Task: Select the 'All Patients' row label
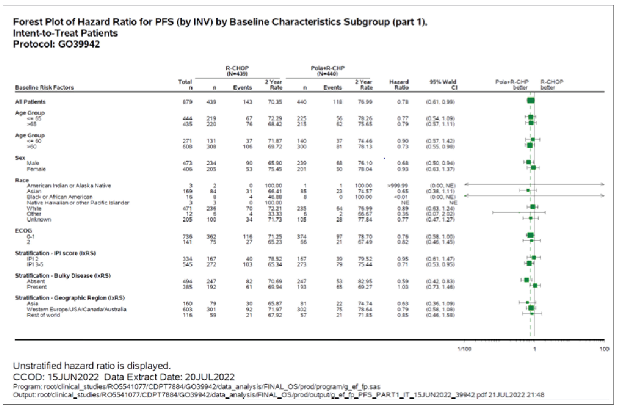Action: click(30, 102)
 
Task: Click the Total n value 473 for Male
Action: click(187, 163)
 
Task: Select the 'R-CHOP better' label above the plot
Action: click(551, 85)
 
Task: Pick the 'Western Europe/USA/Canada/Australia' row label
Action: click(76, 309)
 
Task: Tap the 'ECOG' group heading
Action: click(24, 231)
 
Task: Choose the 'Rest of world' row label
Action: click(43, 315)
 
